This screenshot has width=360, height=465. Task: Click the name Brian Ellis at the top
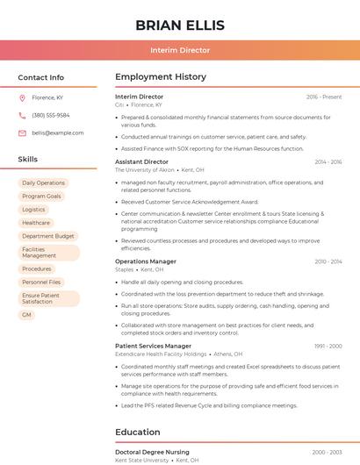(x=180, y=25)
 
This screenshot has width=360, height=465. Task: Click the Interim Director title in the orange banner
(x=180, y=50)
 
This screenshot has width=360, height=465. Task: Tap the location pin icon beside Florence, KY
(x=22, y=98)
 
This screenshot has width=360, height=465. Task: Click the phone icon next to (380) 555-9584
(x=22, y=115)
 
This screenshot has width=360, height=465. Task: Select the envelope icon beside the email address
(x=22, y=132)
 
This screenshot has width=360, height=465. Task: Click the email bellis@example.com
(x=58, y=132)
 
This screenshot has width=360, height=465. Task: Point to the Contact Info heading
(x=40, y=77)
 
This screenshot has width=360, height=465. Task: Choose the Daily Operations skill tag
(x=44, y=182)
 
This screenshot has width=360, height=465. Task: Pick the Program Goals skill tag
(x=41, y=196)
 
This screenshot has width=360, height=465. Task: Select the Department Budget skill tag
(x=47, y=236)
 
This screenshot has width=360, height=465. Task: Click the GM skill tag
(x=26, y=314)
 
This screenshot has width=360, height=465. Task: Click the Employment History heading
(x=161, y=77)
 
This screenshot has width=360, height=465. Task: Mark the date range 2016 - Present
(x=324, y=97)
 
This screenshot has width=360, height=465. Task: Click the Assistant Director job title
(x=141, y=161)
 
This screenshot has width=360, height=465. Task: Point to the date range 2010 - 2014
(x=328, y=261)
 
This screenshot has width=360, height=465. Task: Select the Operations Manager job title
(x=146, y=261)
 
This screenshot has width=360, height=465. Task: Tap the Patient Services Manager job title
(x=153, y=347)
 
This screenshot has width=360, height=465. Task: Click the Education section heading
(x=137, y=433)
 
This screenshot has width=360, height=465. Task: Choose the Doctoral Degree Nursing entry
(x=152, y=452)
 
